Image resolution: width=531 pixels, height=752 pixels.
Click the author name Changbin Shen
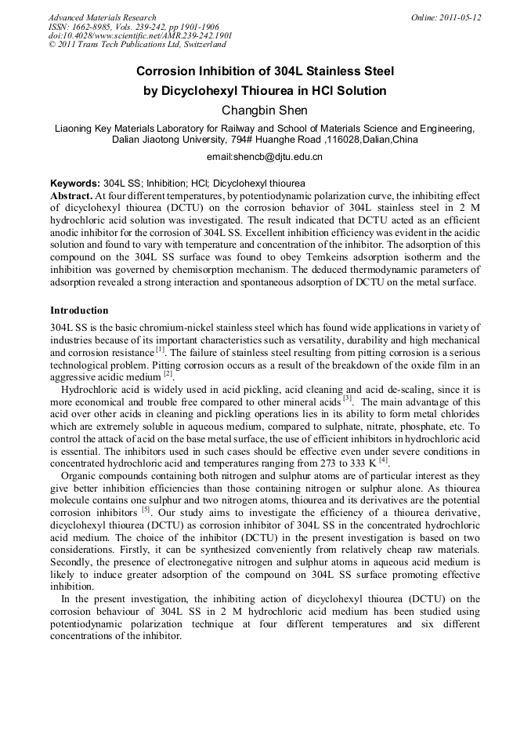click(x=265, y=110)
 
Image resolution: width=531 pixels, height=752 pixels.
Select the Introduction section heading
click(x=79, y=311)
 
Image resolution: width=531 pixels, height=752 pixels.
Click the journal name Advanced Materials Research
click(x=102, y=17)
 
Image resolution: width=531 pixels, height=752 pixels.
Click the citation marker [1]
click(x=160, y=349)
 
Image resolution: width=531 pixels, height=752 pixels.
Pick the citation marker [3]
click(x=348, y=398)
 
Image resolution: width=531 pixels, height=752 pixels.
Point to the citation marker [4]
click(x=383, y=460)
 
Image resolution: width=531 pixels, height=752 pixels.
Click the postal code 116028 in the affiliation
click(x=349, y=140)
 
